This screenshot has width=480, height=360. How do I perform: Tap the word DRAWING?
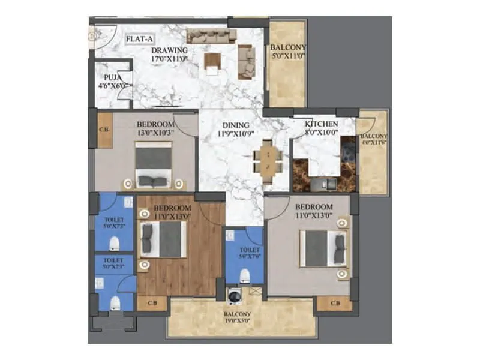pyautogui.click(x=169, y=50)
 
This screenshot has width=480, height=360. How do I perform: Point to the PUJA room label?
pyautogui.click(x=110, y=77)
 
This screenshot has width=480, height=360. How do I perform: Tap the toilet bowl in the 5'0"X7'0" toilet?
pyautogui.click(x=245, y=275)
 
